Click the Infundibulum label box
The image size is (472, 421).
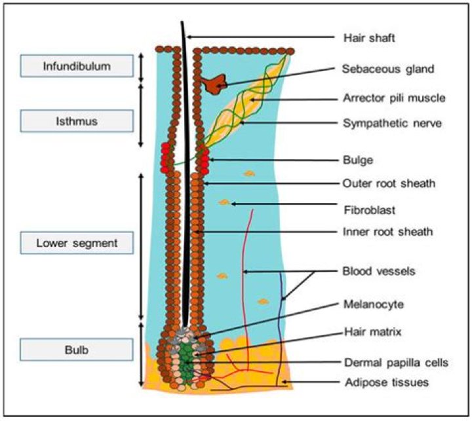tap(77, 66)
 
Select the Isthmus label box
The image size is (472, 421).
tap(77, 120)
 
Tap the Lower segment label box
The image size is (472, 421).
tap(77, 243)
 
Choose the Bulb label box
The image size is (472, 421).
tap(77, 350)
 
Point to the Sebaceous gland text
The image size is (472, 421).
tap(380, 68)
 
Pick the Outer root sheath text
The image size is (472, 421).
tap(383, 183)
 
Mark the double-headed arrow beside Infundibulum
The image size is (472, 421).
tap(141, 65)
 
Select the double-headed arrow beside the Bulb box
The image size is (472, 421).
tap(141, 354)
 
